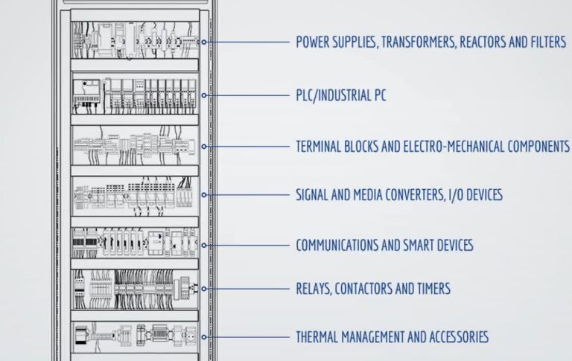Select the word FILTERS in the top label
click(548, 42)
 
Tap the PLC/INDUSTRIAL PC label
click(340, 95)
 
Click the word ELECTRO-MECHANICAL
click(454, 147)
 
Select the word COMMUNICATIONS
click(337, 245)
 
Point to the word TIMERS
click(435, 289)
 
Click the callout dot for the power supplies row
click(204, 42)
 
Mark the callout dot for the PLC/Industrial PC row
click(204, 95)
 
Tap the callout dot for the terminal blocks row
click(204, 147)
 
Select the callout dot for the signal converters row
click(204, 195)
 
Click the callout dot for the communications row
click(204, 246)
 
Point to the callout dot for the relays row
click(204, 289)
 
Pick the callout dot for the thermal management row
click(204, 337)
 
